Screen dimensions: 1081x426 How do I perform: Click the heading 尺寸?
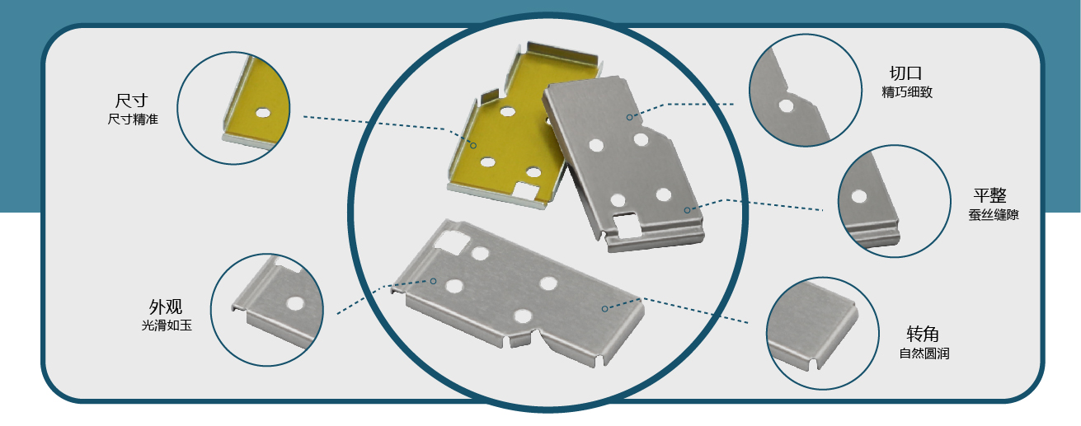tap(131, 101)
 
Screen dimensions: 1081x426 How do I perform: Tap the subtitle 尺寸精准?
tap(133, 119)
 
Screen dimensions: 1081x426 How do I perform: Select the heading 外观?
tap(166, 307)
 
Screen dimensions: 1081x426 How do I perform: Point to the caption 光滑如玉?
tap(167, 325)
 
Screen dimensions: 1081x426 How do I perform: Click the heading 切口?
tap(906, 73)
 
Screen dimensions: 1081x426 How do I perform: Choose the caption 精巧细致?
tap(907, 92)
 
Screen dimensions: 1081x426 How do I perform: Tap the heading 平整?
tap(989, 195)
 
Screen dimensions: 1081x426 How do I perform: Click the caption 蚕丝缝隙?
tap(993, 215)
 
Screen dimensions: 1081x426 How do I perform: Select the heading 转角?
tap(923, 334)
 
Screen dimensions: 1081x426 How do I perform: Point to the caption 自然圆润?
tap(924, 353)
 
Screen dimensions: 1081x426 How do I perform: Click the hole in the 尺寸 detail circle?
tap(262, 113)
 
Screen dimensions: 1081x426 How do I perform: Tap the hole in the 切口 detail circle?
tap(786, 105)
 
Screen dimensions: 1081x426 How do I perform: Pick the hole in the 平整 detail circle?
tap(859, 196)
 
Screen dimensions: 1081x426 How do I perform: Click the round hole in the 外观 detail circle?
tap(295, 303)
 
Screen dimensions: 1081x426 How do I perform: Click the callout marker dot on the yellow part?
tap(473, 145)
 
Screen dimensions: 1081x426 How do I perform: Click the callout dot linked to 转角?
tap(604, 309)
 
